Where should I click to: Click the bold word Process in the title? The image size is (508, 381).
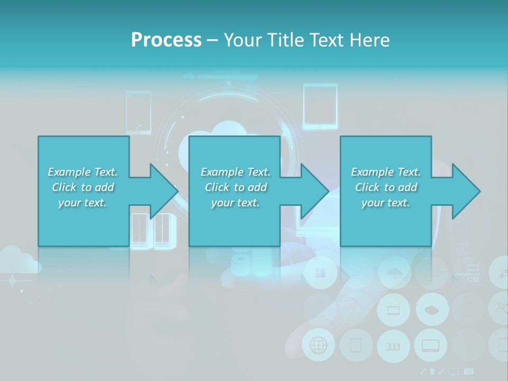tap(166, 40)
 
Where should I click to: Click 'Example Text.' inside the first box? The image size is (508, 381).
tap(83, 172)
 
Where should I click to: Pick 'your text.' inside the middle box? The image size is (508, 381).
tap(235, 203)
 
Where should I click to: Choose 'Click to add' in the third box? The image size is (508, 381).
tap(386, 187)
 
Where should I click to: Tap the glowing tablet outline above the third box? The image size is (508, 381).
tap(320, 106)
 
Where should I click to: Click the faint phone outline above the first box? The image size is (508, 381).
tap(139, 112)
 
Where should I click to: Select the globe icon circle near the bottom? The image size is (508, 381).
tap(319, 346)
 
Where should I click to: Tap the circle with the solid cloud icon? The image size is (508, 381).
tap(432, 310)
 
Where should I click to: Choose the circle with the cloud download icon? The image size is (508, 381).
tap(394, 273)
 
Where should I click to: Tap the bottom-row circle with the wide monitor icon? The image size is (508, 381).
tap(430, 346)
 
